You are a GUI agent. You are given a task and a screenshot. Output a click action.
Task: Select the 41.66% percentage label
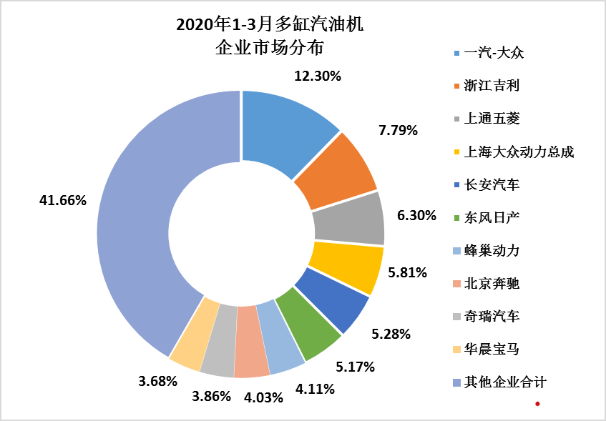point(63,201)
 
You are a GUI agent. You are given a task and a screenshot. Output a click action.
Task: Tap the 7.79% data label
point(399,130)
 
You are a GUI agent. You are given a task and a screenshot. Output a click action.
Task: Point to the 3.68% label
point(157,381)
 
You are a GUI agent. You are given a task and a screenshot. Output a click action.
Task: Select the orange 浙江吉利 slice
point(337,169)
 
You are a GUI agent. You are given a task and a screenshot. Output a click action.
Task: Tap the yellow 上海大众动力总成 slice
point(347,266)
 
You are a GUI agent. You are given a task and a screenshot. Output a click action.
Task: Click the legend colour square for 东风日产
point(456,219)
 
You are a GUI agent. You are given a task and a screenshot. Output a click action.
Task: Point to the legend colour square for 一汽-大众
point(456,53)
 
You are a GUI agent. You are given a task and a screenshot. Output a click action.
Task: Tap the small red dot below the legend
point(537,405)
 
